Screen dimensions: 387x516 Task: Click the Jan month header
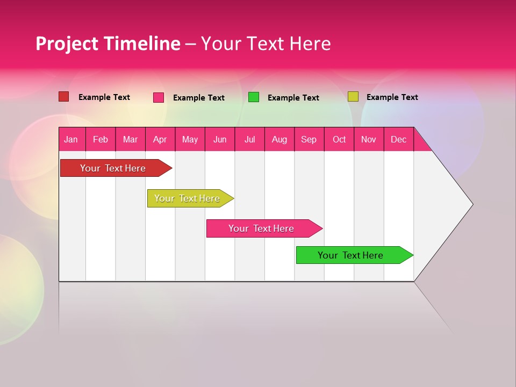coord(71,139)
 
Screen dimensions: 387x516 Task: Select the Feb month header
coord(101,139)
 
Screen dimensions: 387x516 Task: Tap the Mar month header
coord(130,139)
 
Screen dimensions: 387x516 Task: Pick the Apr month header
coord(160,139)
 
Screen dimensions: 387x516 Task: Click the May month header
coord(190,139)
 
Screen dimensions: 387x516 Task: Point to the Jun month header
coord(220,139)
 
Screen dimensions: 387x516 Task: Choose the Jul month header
coord(249,139)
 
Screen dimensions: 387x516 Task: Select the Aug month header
coord(279,139)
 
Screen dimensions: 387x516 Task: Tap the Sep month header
coord(309,139)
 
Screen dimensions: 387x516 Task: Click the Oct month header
coord(339,139)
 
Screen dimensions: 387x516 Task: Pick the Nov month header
coord(369,139)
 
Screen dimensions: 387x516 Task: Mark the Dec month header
coord(399,139)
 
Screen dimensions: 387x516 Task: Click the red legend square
coord(64,97)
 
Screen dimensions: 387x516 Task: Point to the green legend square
coord(254,97)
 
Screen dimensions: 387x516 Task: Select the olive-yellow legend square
coord(353,97)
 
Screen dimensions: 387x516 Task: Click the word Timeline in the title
coord(142,44)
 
